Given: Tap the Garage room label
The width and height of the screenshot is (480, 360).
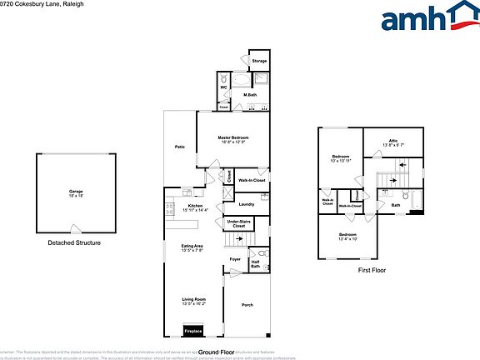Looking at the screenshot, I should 76,193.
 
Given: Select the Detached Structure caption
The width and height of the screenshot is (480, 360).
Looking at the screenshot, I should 74,242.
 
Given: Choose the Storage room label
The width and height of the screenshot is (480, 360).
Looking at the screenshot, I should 259,60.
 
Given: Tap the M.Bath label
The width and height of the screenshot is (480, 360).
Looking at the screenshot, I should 249,95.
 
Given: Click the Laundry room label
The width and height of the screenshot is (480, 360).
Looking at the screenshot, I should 246,204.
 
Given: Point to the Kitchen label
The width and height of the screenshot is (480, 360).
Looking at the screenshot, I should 196,207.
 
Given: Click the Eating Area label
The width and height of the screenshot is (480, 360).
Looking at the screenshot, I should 194,247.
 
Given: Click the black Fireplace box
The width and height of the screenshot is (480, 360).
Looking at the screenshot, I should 193,332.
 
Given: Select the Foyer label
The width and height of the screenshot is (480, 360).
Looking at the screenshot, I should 236,260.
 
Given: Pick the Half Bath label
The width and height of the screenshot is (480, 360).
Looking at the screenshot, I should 256,264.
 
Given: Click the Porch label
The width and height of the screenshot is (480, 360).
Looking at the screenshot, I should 247,306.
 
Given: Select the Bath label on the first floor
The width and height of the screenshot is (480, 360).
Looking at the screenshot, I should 396,205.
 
